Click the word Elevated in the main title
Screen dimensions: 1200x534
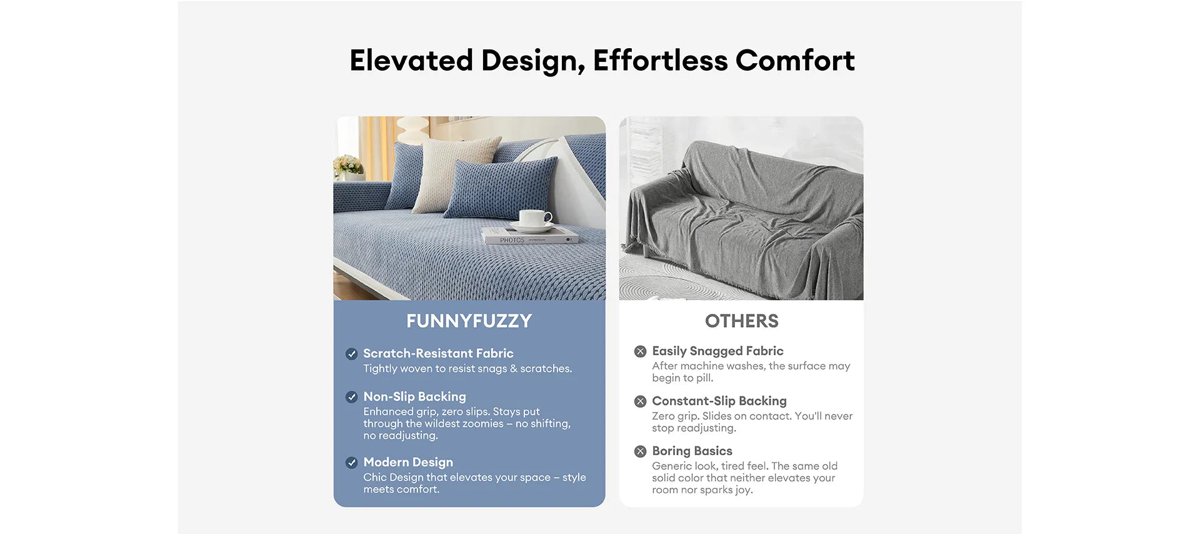tap(411, 61)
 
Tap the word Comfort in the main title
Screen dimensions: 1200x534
tap(795, 61)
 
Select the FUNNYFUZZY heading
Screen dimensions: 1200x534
tap(469, 321)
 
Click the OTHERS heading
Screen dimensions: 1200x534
tap(741, 321)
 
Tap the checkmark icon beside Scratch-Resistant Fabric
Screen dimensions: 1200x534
tap(352, 354)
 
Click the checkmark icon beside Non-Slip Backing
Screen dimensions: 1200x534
tap(352, 397)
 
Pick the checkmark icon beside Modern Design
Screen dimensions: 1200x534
tap(352, 463)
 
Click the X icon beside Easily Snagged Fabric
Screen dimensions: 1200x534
tap(640, 351)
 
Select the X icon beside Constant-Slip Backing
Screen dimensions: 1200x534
tap(640, 401)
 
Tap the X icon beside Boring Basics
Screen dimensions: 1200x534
tap(640, 451)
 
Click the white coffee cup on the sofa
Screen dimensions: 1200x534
tap(534, 220)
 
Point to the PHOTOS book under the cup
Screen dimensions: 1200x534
tap(530, 237)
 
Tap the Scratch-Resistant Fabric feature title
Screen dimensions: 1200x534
tap(438, 353)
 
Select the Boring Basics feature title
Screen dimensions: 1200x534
tap(692, 451)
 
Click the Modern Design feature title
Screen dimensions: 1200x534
tap(408, 462)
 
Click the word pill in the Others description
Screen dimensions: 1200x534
tap(704, 378)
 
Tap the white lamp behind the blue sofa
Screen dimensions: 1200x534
tap(414, 130)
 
